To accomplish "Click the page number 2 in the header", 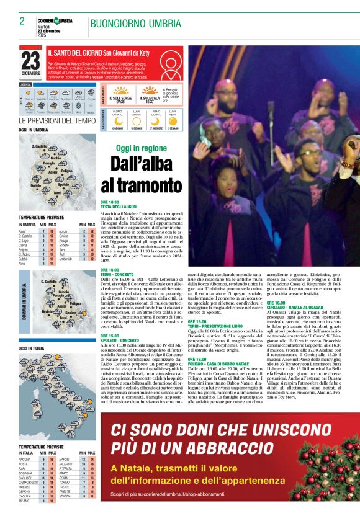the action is [x=22, y=21].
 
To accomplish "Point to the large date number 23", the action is [x=30, y=61].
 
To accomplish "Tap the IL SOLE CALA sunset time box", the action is [x=150, y=98].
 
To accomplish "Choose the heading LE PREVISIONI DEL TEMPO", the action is [x=57, y=120].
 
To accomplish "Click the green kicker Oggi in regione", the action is [x=141, y=149].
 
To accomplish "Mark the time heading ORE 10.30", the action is [x=109, y=202].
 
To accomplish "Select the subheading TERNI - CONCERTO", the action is [x=117, y=274].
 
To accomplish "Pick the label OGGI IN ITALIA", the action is [x=32, y=349].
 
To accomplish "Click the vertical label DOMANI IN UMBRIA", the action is [x=25, y=297].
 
